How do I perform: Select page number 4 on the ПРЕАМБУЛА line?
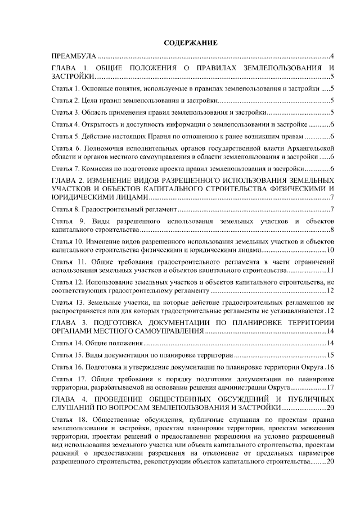coord(333,57)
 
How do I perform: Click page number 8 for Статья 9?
coord(333,229)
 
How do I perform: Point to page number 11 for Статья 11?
coord(331,271)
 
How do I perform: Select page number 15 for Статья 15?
coord(331,355)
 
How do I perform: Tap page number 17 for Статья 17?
coord(331,387)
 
